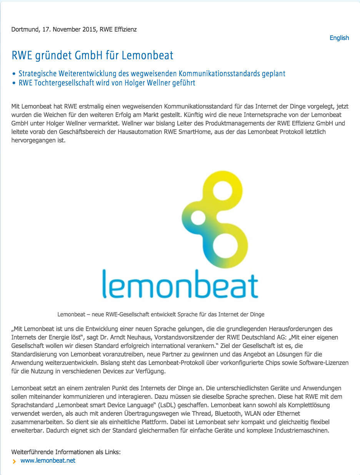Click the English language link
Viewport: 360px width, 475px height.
(x=339, y=38)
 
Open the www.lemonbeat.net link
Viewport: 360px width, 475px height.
(x=48, y=460)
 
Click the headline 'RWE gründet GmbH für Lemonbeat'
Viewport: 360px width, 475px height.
(x=92, y=55)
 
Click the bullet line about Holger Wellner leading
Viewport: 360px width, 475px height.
(x=107, y=82)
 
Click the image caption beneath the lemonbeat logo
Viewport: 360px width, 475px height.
(x=161, y=314)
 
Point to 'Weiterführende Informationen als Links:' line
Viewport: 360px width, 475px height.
(x=66, y=452)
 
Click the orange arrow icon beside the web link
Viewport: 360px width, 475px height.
(x=14, y=461)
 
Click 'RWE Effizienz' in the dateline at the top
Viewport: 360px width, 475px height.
(x=118, y=29)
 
